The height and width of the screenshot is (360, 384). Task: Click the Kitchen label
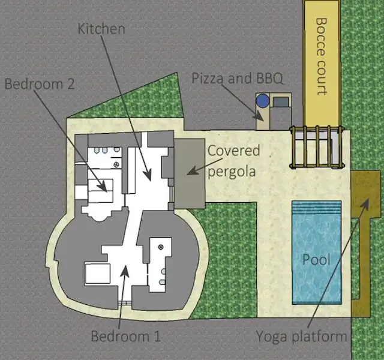coord(101,28)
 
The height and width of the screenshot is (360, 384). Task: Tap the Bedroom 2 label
coord(40,84)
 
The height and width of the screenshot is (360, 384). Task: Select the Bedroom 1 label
coord(126,336)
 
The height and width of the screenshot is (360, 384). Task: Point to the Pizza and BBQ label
coord(238,79)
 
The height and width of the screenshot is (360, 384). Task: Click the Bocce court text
coord(322,56)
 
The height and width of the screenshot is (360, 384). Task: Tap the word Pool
coord(316,259)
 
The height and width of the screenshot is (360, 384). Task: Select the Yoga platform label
coord(301,337)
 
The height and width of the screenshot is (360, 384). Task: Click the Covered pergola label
coord(233,161)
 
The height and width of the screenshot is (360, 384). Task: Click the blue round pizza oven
coord(263,101)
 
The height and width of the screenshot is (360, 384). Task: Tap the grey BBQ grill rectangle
coord(281,102)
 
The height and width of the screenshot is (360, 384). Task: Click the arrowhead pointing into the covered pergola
coord(192,171)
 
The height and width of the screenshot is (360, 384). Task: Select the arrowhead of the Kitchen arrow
coord(148,175)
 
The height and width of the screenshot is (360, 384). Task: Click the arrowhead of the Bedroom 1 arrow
coord(125,271)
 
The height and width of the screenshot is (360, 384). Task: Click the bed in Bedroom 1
coord(97,274)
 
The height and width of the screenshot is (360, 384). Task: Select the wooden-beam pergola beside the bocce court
coord(316,147)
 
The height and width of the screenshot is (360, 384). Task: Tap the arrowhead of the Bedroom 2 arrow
coord(103,187)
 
